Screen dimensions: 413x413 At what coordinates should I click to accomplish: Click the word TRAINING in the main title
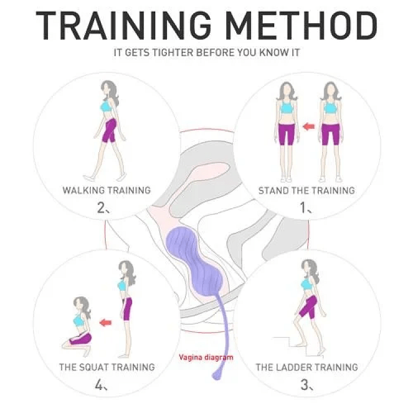click(x=126, y=25)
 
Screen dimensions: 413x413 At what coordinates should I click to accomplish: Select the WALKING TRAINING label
click(x=106, y=191)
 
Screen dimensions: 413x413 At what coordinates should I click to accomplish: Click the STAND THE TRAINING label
click(x=307, y=191)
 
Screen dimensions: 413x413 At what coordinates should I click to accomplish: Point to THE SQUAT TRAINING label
click(x=107, y=367)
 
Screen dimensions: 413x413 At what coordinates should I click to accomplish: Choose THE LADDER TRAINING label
click(x=307, y=367)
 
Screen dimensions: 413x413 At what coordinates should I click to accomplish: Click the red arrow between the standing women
click(x=308, y=127)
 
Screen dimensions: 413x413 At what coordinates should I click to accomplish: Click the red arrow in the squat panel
click(x=105, y=322)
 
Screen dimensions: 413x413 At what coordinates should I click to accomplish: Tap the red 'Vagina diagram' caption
click(x=206, y=357)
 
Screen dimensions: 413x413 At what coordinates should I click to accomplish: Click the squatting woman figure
click(x=79, y=325)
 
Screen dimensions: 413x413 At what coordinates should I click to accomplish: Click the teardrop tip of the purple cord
click(x=216, y=375)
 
